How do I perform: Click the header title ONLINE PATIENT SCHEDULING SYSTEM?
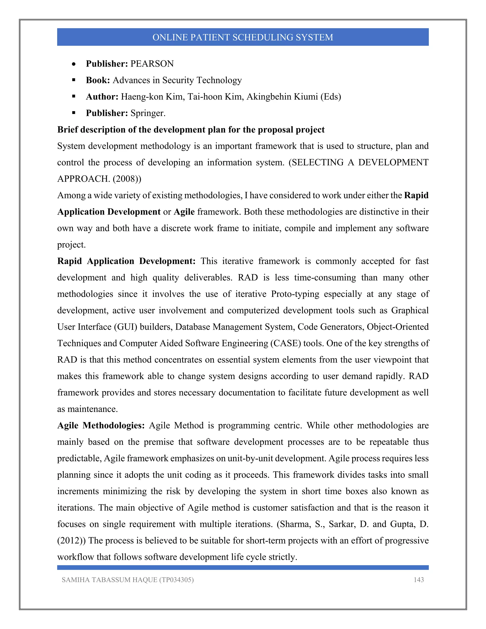tap(243, 37)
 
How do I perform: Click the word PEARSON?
tap(152, 64)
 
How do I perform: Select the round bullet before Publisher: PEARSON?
tap(74, 64)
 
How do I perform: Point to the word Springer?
tap(148, 113)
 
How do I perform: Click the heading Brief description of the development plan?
tap(191, 130)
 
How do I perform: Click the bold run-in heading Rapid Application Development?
tap(126, 261)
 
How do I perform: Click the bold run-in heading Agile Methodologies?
tap(101, 425)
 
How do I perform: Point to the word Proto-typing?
tap(295, 294)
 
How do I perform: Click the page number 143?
tap(419, 580)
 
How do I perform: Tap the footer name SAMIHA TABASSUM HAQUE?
tap(109, 580)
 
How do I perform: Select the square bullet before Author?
tap(74, 96)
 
